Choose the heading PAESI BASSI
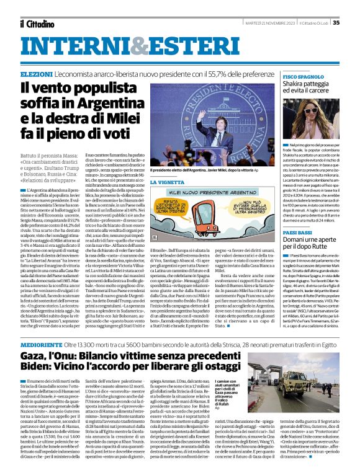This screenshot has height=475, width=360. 296,231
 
